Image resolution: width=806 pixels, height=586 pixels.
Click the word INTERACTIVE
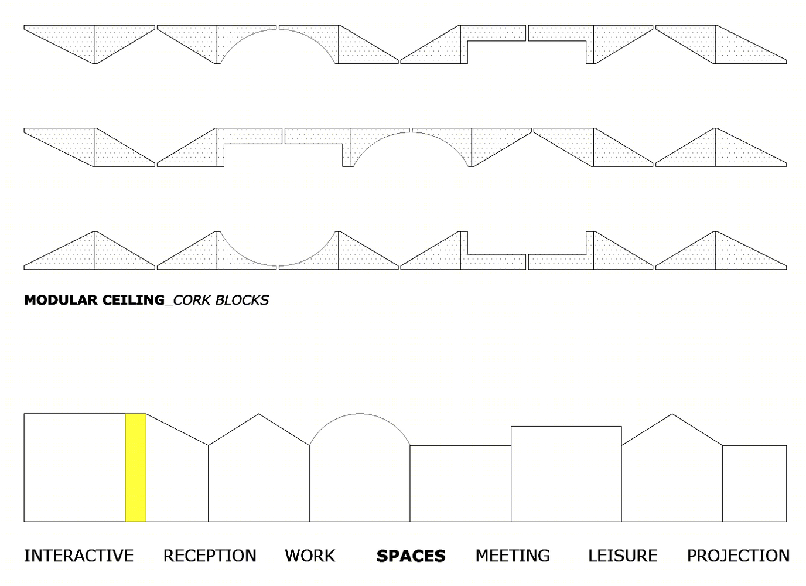[x=79, y=556]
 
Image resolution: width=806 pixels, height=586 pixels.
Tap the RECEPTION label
[x=210, y=556]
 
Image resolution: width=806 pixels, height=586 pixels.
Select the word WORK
[x=310, y=556]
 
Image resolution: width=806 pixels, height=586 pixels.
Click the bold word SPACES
[x=411, y=556]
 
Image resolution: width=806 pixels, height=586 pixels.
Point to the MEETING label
[x=513, y=556]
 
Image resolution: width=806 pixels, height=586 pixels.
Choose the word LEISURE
[x=623, y=556]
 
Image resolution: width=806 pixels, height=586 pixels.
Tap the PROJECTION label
[x=739, y=556]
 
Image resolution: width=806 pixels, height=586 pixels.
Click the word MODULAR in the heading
[x=61, y=300]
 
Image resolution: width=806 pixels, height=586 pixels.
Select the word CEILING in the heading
[x=134, y=300]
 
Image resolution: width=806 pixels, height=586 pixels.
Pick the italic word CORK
[x=192, y=300]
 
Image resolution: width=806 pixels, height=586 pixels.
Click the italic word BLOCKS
[x=242, y=300]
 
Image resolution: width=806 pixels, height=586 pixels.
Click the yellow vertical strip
[x=136, y=468]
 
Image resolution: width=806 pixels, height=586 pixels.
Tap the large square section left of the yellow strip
[x=74, y=468]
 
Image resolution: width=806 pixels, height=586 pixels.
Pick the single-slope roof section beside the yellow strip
[x=177, y=475]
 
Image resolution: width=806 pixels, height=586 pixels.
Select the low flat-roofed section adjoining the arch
[x=460, y=483]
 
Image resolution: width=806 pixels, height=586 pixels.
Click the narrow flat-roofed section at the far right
[x=754, y=483]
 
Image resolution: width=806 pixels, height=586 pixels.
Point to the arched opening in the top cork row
[x=278, y=29]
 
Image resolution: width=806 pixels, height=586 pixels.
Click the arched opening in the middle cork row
[x=411, y=132]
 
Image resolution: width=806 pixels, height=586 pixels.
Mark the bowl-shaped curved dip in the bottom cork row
[x=278, y=265]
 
